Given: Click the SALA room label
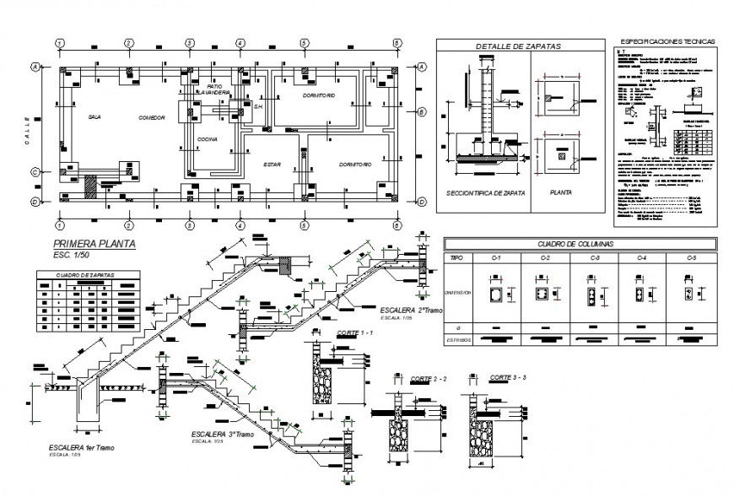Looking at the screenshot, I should coord(94,117).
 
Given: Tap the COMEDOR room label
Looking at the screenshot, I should coord(152,117).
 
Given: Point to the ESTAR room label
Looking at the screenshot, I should coord(272,164).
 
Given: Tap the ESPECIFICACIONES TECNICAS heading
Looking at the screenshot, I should coord(667,41).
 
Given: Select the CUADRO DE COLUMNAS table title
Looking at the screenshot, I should coord(581,244).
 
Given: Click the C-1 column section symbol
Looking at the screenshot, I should coord(497,294).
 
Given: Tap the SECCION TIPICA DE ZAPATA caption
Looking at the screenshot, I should coord(485,193).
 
